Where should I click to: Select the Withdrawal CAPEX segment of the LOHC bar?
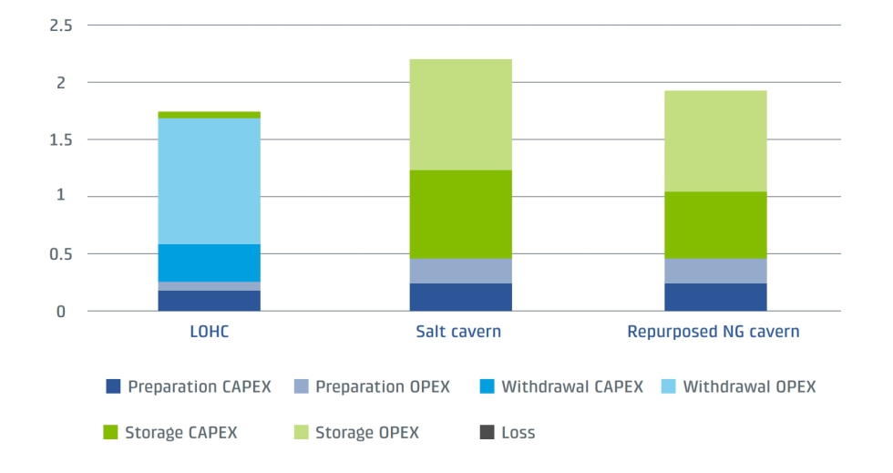click(209, 262)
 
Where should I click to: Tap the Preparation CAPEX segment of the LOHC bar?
click(209, 301)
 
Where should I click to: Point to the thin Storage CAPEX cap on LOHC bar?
click(209, 115)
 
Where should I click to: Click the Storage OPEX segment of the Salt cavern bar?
click(460, 114)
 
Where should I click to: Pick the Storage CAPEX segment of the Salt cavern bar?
click(460, 214)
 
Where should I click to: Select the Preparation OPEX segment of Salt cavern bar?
click(460, 271)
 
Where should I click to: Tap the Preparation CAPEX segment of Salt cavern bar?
click(460, 297)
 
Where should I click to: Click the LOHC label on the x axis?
click(209, 332)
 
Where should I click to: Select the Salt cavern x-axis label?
click(460, 332)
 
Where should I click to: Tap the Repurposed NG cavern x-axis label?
click(713, 332)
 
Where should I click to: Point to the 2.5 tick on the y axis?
click(60, 26)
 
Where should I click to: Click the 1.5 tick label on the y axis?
click(60, 139)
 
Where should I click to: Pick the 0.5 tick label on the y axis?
click(60, 253)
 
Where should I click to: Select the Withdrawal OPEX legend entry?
click(748, 386)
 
